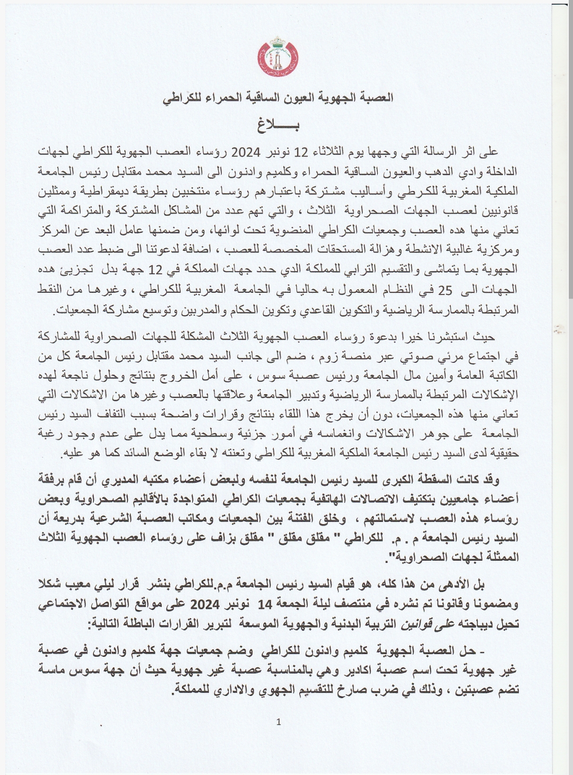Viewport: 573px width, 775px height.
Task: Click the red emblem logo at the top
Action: pyautogui.click(x=278, y=56)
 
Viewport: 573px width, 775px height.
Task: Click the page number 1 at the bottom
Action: pyautogui.click(x=279, y=721)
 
